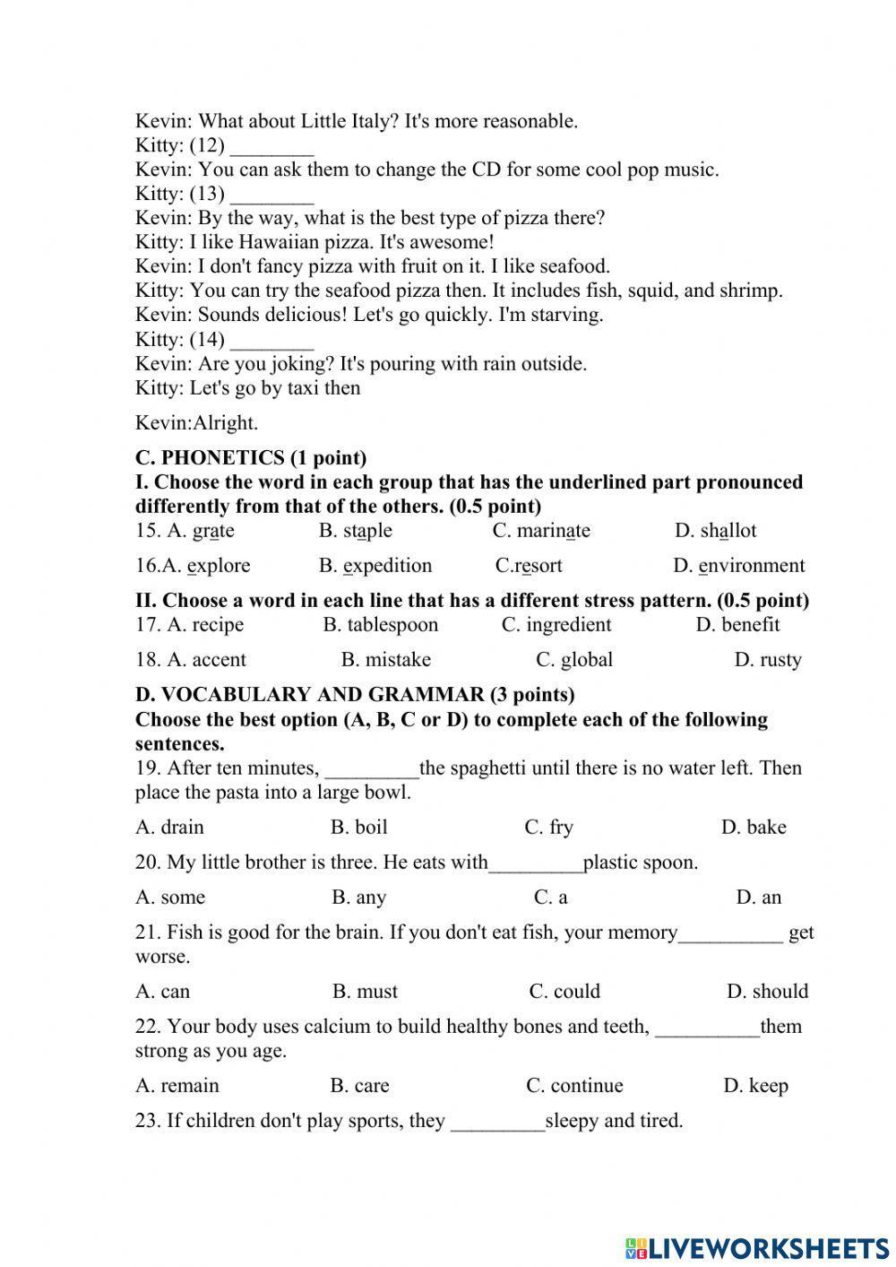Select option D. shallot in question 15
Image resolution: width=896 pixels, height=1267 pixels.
(715, 531)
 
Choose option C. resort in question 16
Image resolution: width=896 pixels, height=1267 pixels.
(529, 566)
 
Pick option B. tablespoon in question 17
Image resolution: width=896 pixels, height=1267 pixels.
(381, 625)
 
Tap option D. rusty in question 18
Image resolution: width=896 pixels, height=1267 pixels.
(767, 660)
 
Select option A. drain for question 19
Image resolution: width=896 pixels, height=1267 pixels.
(169, 827)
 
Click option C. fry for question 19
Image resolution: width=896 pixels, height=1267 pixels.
(548, 827)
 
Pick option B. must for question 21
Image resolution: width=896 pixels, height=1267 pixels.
(365, 992)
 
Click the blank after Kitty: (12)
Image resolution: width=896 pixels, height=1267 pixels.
(271, 146)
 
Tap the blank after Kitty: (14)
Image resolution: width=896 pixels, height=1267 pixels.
(271, 340)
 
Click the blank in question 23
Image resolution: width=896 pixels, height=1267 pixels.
(497, 1122)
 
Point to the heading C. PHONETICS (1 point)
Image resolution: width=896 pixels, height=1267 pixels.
(251, 458)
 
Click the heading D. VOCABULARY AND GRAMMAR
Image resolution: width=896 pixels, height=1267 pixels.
(355, 695)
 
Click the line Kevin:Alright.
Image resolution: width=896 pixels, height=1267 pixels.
(196, 423)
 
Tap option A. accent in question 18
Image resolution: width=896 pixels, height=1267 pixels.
(191, 660)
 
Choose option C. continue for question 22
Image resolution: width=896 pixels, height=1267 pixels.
(574, 1086)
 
